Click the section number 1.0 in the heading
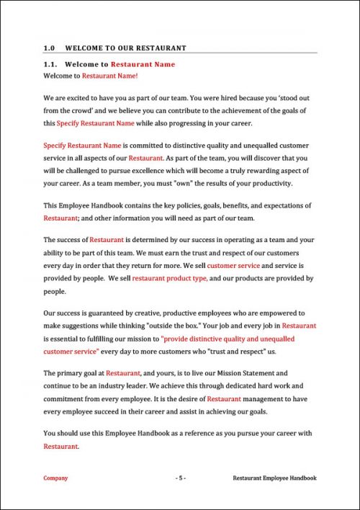[49, 48]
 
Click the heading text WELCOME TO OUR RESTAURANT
[125, 48]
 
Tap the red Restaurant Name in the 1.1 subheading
[143, 64]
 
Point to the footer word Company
[55, 478]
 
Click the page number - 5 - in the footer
[181, 478]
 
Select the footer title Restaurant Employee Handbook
[274, 478]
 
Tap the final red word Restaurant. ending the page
[61, 447]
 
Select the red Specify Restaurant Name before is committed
[76, 144]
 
